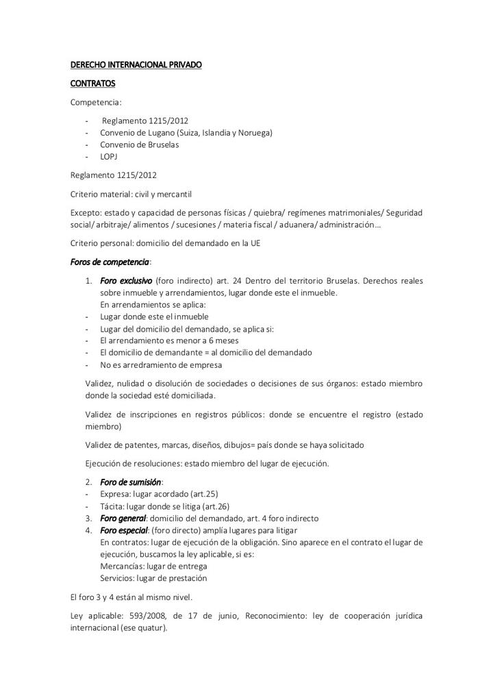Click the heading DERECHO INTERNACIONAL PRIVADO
136,65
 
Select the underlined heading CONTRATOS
93,84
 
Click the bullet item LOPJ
109,156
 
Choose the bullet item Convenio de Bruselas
139,145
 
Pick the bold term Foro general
123,518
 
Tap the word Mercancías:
123,566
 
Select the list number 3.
89,518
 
